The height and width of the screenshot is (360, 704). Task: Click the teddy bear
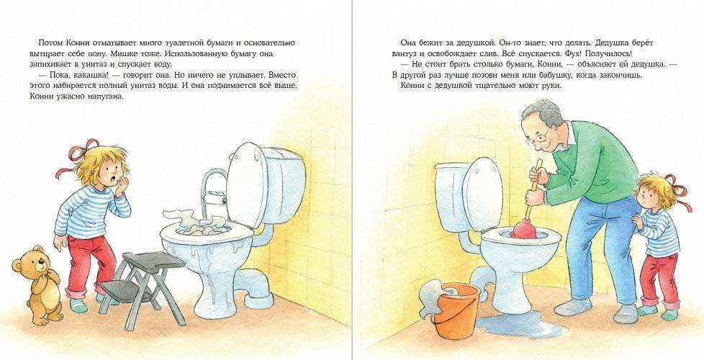37,281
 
